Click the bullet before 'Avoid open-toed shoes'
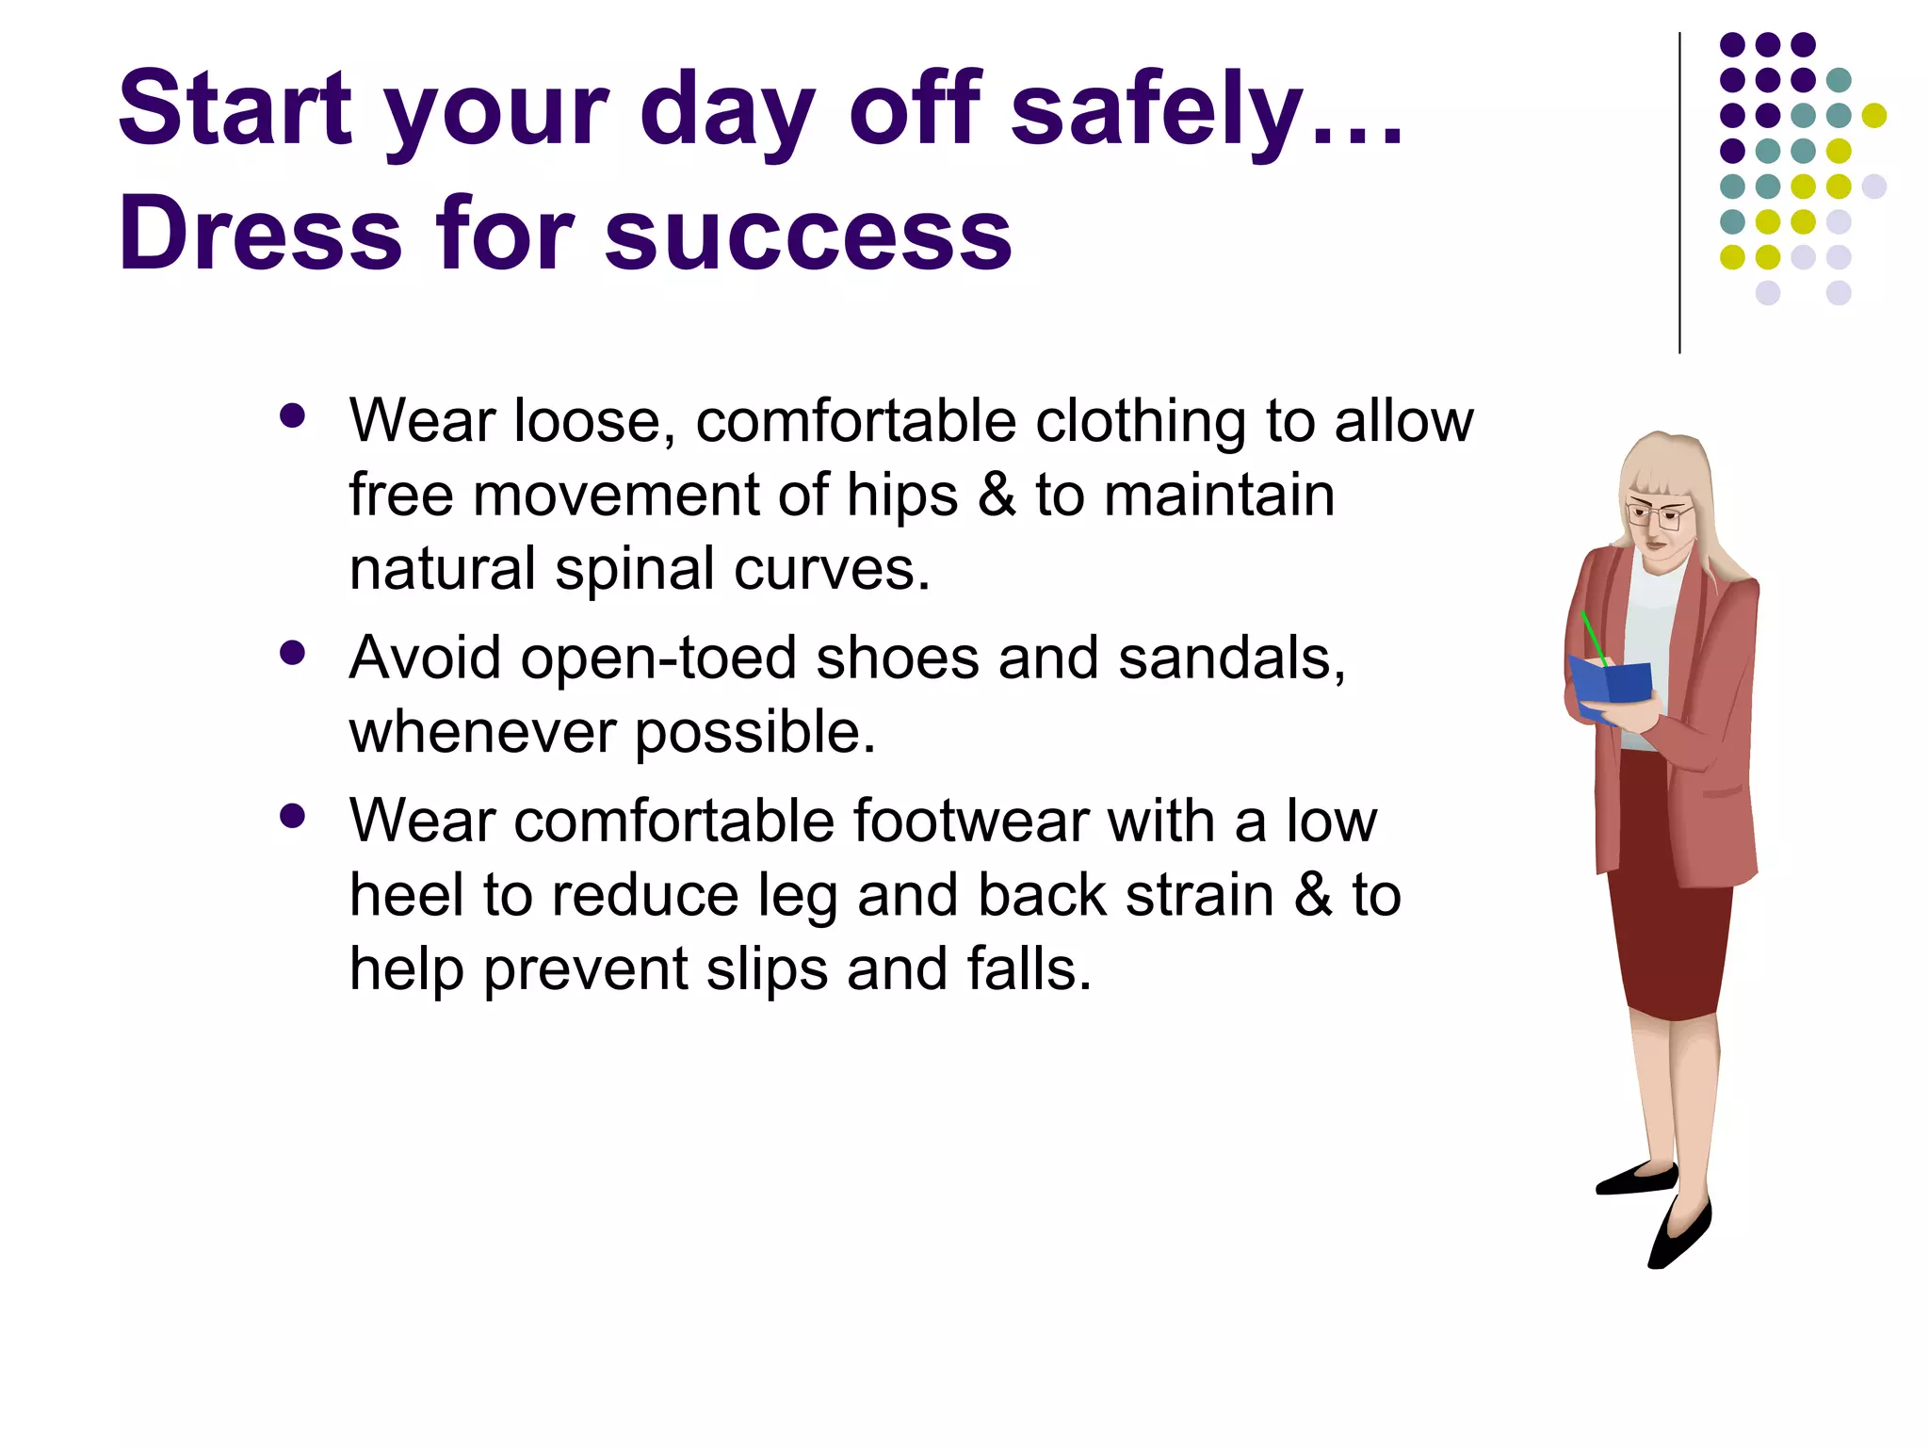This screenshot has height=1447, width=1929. (x=293, y=653)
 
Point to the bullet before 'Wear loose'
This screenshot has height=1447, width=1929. (x=293, y=416)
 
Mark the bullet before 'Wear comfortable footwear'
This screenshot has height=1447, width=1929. (x=293, y=816)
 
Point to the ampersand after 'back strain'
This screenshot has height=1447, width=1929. (x=1313, y=895)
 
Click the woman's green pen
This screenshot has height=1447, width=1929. (x=1594, y=637)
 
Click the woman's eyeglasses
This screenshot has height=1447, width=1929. (x=1658, y=514)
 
